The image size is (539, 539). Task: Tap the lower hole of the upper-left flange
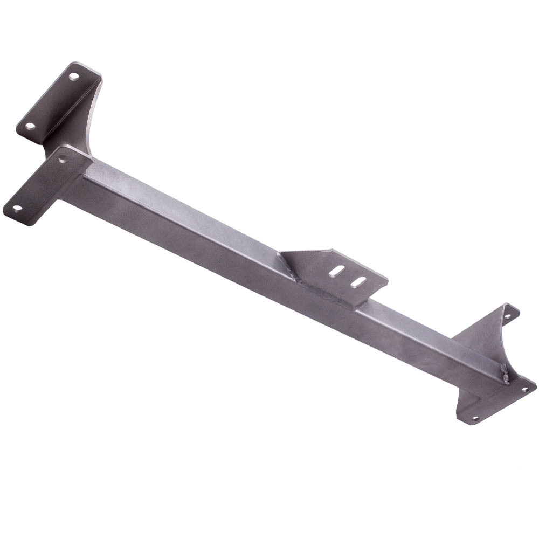point(30,127)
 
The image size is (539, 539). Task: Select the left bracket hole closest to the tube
point(64,160)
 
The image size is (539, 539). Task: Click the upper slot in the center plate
point(338,269)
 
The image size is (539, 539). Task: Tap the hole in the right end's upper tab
point(507,316)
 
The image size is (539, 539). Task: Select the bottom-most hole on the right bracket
point(475,417)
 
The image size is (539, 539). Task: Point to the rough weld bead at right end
point(505,374)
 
